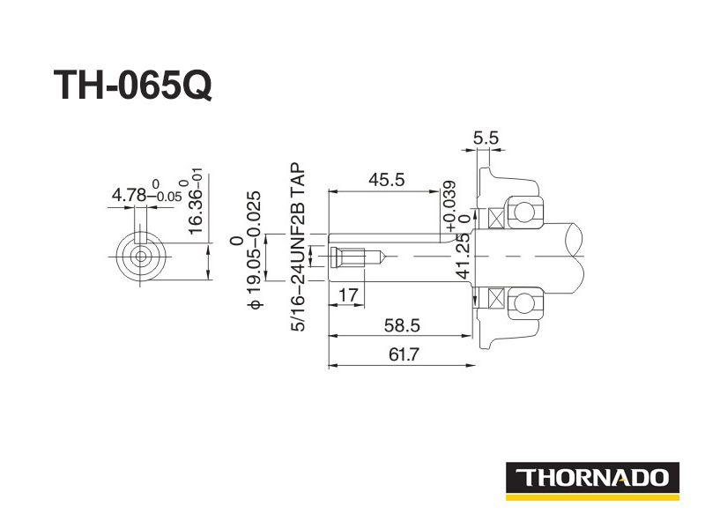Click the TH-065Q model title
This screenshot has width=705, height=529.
[x=133, y=86]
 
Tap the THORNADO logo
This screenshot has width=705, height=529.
[x=592, y=481]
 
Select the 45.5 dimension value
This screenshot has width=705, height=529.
[x=387, y=180]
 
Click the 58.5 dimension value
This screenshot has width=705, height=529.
[x=402, y=324]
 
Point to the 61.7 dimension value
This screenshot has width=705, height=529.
[x=404, y=354]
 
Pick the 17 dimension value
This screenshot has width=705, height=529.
[x=348, y=295]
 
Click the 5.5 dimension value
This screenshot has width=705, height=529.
[x=486, y=138]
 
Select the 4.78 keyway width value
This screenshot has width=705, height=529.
[x=129, y=195]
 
